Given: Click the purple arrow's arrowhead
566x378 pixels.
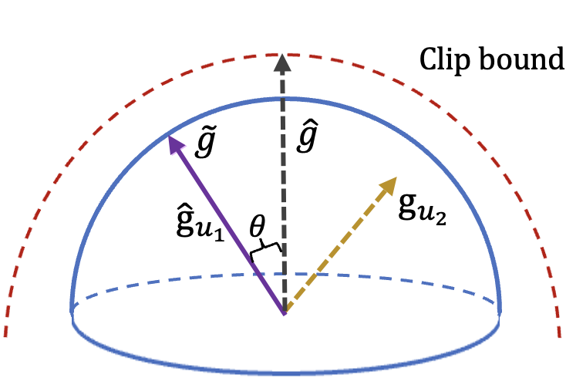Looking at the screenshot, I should coord(174,142).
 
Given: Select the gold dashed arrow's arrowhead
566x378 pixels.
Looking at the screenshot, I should coord(389,184).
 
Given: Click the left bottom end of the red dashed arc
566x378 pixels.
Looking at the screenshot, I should coord(6,333).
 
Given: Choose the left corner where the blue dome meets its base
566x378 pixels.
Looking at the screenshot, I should coord(72,311).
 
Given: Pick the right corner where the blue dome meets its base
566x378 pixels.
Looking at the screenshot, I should coord(500,311).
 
